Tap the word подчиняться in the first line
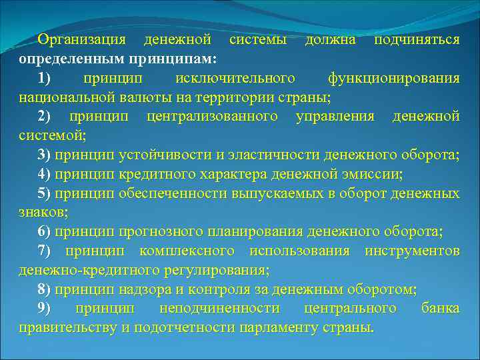[417, 40]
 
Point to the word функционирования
[393, 79]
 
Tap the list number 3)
[45, 156]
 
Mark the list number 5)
[45, 194]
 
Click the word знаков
[41, 213]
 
